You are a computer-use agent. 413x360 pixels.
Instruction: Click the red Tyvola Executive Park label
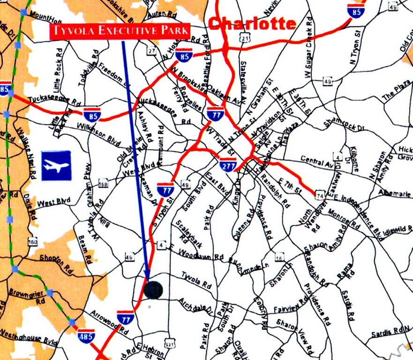click(x=120, y=32)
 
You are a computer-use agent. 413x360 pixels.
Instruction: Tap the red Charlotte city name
click(x=252, y=23)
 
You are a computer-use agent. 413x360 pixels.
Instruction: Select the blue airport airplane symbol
click(x=56, y=165)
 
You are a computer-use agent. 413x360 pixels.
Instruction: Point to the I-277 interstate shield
click(x=227, y=165)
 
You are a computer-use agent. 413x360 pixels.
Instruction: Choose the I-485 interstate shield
click(x=86, y=335)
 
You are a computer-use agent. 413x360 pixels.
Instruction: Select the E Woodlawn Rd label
click(x=197, y=254)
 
